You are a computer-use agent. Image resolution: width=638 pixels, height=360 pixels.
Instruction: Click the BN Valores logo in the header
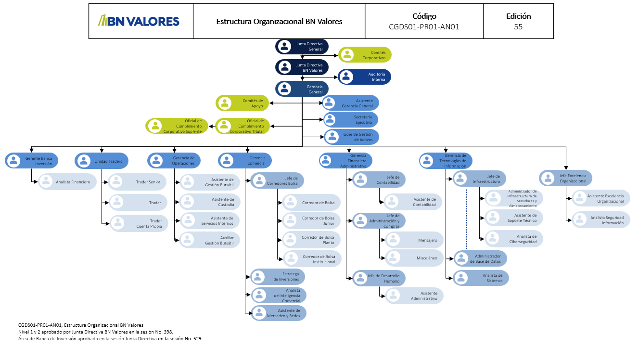pos(139,21)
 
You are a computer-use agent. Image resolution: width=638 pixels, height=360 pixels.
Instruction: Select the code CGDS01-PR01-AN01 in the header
pos(424,27)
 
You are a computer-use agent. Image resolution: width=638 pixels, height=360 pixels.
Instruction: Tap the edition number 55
pos(518,27)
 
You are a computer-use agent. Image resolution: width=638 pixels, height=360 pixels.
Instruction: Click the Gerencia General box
pos(302,89)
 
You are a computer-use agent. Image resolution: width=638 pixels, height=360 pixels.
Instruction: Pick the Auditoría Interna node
pos(365,77)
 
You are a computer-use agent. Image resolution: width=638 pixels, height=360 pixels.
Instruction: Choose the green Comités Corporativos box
pos(365,55)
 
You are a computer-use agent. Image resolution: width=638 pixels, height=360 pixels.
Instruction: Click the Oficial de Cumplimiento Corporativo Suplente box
pos(177,126)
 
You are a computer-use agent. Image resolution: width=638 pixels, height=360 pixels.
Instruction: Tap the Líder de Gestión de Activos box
pos(352,137)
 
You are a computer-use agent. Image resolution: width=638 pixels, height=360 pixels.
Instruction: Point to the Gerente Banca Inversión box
pos(32,161)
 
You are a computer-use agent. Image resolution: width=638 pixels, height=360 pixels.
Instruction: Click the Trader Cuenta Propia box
pos(138,223)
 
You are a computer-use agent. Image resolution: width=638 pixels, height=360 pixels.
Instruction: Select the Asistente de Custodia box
pos(209,202)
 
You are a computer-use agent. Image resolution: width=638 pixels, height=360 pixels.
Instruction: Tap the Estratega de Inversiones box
pos(278,277)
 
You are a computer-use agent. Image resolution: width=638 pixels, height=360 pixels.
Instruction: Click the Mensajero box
pos(414,240)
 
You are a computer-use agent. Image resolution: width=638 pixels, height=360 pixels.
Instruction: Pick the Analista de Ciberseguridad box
pos(514,239)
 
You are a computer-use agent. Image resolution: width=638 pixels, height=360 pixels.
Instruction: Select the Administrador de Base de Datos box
pos(481,259)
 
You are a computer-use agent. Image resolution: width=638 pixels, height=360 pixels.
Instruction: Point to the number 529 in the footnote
pos(196,339)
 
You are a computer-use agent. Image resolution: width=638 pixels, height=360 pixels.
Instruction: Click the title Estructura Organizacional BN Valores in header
pos(279,22)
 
